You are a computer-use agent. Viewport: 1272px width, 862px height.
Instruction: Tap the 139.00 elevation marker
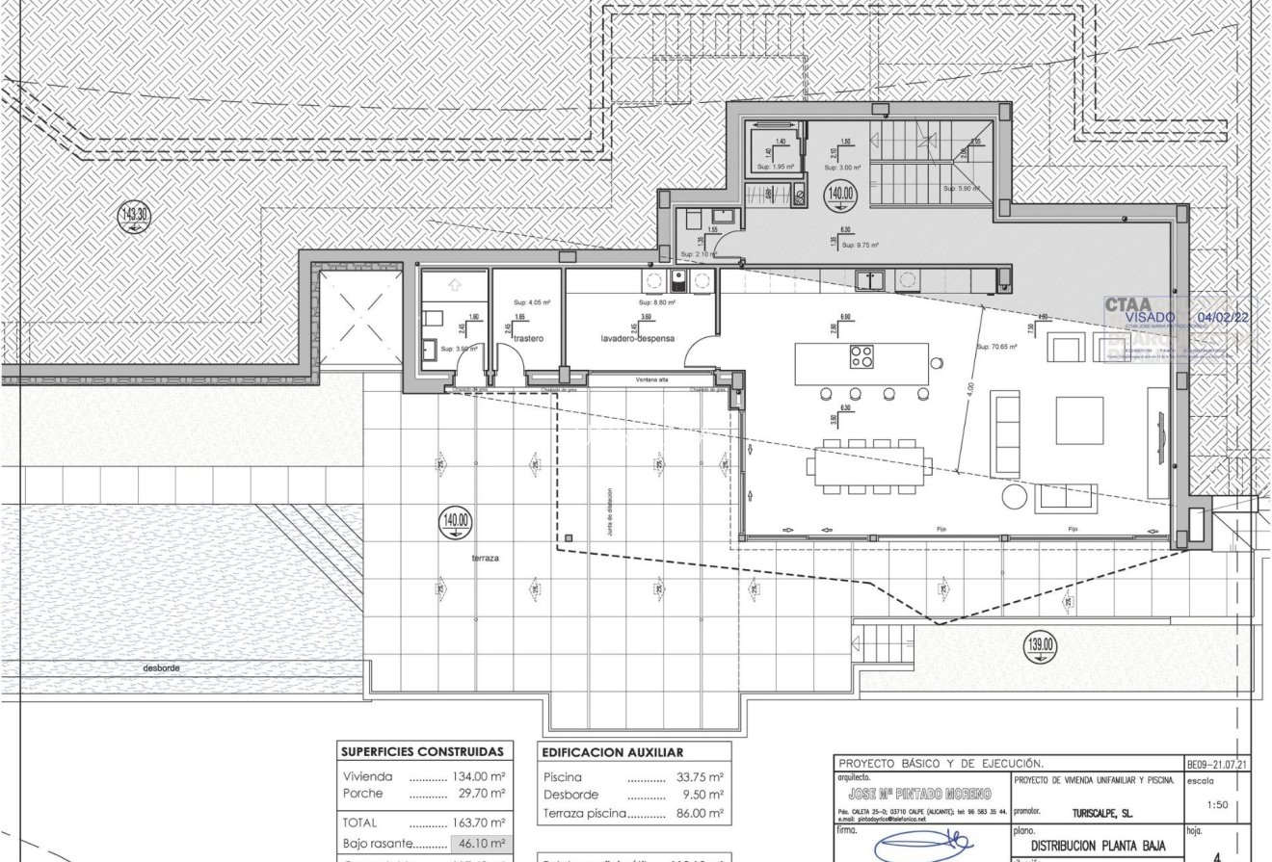pyautogui.click(x=1041, y=645)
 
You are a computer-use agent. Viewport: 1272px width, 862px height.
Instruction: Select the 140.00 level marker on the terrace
pyautogui.click(x=456, y=522)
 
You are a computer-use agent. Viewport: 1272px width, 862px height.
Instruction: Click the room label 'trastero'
pyautogui.click(x=529, y=339)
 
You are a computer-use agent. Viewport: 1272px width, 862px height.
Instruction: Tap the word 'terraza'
pyautogui.click(x=486, y=559)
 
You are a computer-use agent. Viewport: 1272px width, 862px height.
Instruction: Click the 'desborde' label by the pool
pyautogui.click(x=162, y=667)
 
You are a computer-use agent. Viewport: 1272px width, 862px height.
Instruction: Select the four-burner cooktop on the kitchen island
pyautogui.click(x=861, y=356)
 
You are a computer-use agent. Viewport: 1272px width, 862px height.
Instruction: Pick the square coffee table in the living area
pyautogui.click(x=1079, y=420)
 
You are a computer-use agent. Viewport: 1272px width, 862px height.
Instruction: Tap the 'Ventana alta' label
pyautogui.click(x=650, y=380)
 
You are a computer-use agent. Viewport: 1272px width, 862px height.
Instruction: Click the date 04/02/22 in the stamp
pyautogui.click(x=1222, y=316)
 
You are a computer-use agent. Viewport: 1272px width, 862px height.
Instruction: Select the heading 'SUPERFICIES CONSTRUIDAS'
pyautogui.click(x=422, y=752)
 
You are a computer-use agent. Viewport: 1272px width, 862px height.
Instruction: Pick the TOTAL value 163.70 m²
pyautogui.click(x=479, y=823)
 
